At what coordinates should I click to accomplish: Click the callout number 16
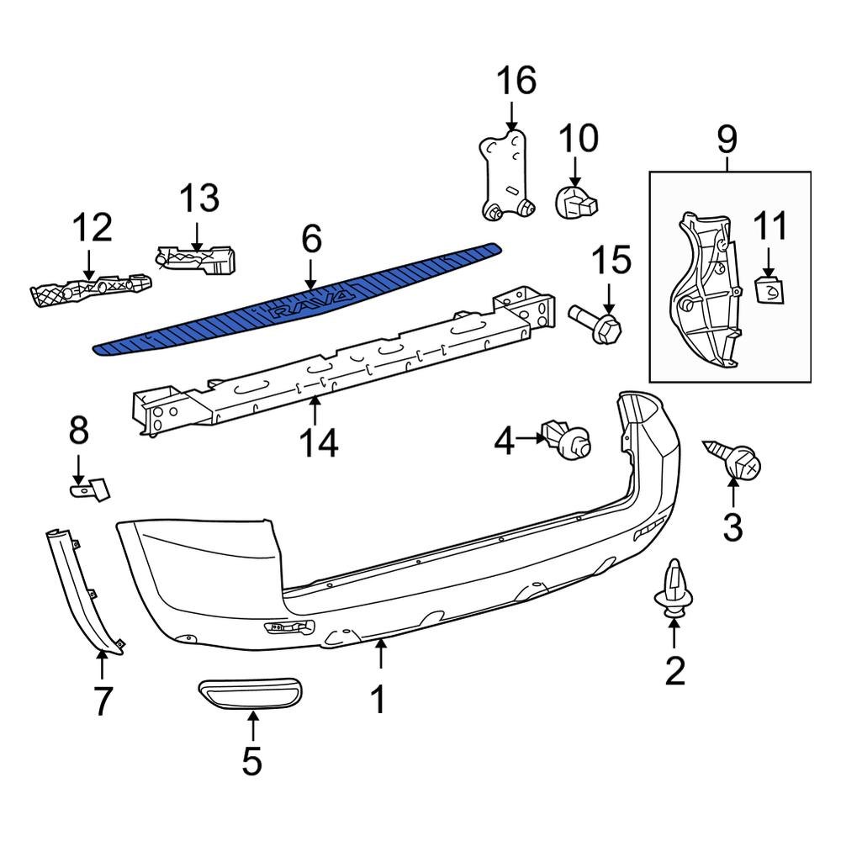[x=516, y=82]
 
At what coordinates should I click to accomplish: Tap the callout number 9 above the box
[x=727, y=138]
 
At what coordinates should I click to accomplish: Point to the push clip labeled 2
[x=674, y=592]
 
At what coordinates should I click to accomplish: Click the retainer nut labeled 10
[x=576, y=202]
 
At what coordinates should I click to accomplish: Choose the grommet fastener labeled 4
[x=568, y=439]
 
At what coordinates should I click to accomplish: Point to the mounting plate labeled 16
[x=506, y=177]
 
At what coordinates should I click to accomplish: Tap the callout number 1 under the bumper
[x=378, y=698]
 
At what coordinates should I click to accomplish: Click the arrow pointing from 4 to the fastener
[x=530, y=437]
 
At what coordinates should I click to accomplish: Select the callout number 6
[x=311, y=240]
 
